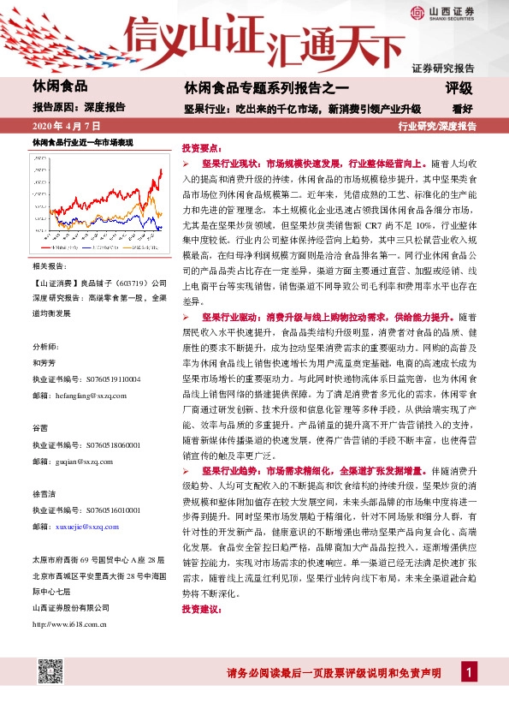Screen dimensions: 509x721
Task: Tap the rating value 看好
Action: point(462,108)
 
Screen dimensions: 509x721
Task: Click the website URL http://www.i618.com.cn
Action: point(68,624)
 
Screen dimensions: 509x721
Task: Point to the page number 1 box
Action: point(468,671)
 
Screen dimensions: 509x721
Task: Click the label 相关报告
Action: point(47,266)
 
